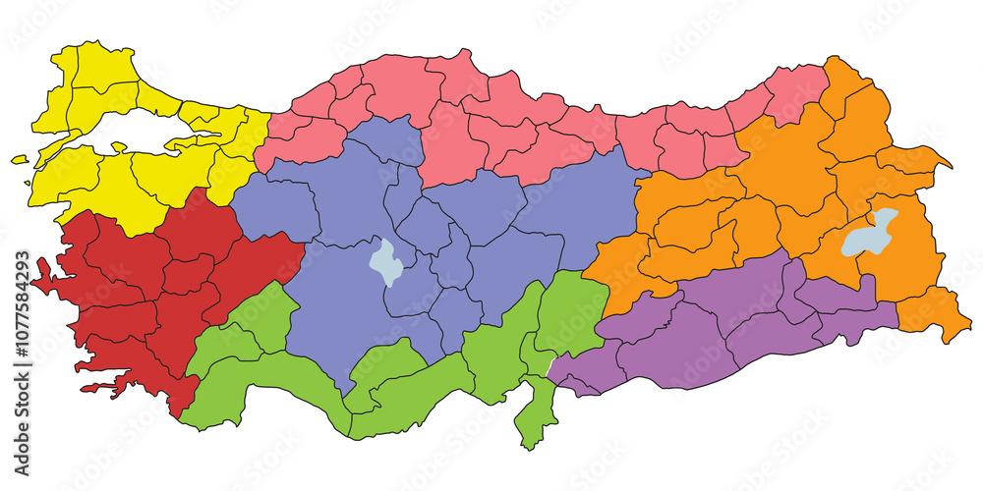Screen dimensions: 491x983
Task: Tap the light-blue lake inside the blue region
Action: tap(383, 261)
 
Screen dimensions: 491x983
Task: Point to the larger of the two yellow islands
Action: tap(20, 159)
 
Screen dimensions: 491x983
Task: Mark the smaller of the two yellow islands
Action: tap(28, 183)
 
